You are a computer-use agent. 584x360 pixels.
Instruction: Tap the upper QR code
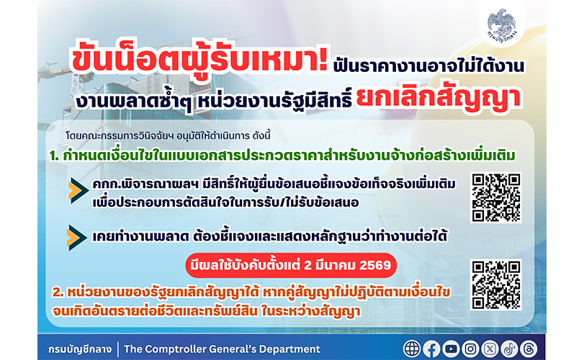point(496,197)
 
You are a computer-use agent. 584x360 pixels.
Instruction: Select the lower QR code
point(496,285)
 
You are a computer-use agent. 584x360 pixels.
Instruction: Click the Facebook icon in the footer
point(431,348)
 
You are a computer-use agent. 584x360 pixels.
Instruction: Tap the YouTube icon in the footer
point(451,348)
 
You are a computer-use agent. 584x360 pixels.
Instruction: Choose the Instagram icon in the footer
point(470,348)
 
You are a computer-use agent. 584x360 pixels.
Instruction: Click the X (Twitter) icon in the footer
point(490,348)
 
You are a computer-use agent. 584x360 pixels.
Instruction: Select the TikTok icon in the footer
point(509,348)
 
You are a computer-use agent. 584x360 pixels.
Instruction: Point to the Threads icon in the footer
point(529,348)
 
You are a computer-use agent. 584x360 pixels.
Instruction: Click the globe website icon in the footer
point(412,348)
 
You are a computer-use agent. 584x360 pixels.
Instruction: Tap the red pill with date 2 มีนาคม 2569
point(291,266)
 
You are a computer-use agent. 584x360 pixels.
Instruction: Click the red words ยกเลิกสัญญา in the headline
point(438,99)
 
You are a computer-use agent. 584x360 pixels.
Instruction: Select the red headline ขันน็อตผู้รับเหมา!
point(199,60)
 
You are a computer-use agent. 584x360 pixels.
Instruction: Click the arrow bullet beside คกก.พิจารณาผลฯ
point(78,191)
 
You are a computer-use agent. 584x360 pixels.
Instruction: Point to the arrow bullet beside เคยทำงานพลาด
point(77,238)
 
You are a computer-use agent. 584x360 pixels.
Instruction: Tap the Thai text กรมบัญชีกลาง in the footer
point(80,349)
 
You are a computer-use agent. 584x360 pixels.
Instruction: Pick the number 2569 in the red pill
point(375,266)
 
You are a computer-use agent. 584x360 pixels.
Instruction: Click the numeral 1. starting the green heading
point(55,156)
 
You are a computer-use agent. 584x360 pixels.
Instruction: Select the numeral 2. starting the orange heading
point(58,292)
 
